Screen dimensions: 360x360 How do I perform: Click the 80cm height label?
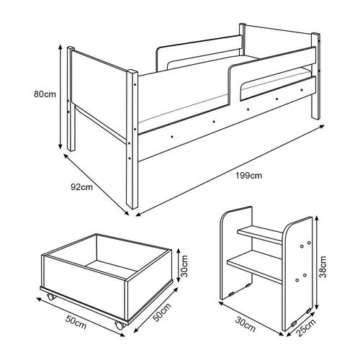pyautogui.click(x=45, y=94)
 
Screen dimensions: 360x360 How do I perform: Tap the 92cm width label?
pyautogui.click(x=82, y=187)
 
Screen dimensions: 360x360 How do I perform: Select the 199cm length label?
pyautogui.click(x=248, y=176)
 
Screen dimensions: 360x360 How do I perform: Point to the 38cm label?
pyautogui.click(x=323, y=266)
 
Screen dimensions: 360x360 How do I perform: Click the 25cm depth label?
pyautogui.click(x=306, y=328)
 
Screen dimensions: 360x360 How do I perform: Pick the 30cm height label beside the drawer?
pyautogui.click(x=184, y=266)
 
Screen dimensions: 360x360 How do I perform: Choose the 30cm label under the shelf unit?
pyautogui.click(x=245, y=325)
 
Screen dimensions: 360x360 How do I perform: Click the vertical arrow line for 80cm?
pyautogui.click(x=60, y=97)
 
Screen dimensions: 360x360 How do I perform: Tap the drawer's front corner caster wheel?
pyautogui.click(x=120, y=325)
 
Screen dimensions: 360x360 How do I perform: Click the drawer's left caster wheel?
pyautogui.click(x=51, y=297)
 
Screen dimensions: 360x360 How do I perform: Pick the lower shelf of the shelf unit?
pyautogui.click(x=254, y=268)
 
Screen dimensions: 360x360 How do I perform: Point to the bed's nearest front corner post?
pyautogui.click(x=132, y=139)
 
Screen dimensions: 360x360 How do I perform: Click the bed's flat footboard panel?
pyautogui.click(x=99, y=96)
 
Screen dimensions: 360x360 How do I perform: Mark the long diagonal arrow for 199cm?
pyautogui.click(x=230, y=169)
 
